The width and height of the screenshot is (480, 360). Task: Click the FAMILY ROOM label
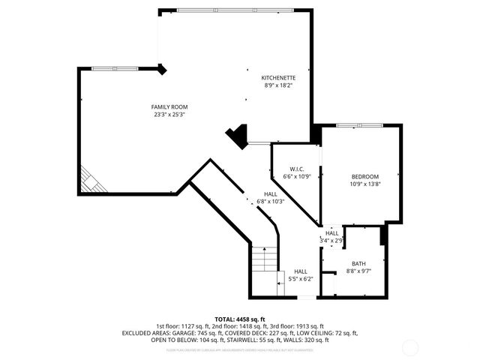pos(169,107)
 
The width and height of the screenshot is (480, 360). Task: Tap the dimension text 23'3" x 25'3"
pos(169,115)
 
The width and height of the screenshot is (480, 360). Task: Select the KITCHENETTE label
pos(277,78)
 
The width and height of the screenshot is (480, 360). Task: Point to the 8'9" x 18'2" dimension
pos(277,85)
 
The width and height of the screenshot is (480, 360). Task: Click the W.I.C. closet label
pos(296,169)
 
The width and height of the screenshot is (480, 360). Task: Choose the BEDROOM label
pos(365,176)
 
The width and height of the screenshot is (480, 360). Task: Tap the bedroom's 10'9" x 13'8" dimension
pos(365,184)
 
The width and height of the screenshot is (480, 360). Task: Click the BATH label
pos(359,263)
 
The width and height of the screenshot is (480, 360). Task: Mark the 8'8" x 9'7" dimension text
pos(359,271)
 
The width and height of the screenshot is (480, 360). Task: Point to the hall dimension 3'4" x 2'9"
pos(331,240)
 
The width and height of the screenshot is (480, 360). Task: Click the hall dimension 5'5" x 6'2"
pos(300,279)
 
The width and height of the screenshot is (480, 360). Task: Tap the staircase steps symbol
pos(264,259)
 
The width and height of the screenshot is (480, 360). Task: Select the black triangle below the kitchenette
pos(238,135)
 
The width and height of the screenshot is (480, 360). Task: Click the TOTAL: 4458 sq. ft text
pos(240,319)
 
